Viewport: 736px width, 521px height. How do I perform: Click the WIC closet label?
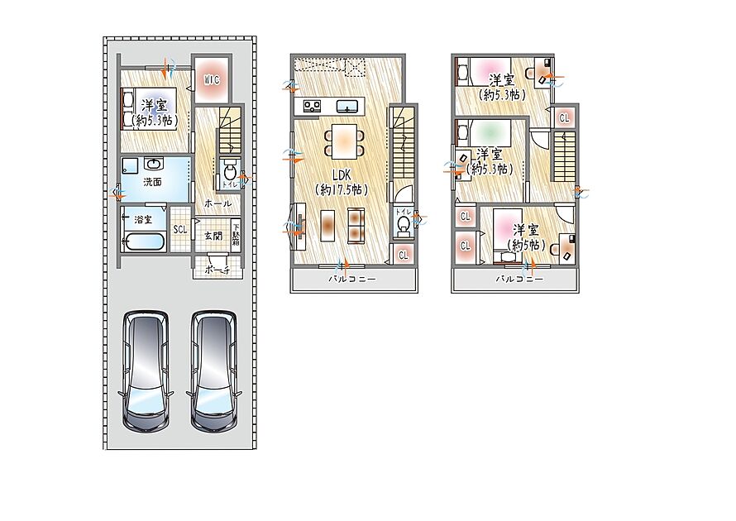212,80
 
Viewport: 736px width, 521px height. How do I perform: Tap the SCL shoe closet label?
179,230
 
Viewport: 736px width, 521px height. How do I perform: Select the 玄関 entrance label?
213,236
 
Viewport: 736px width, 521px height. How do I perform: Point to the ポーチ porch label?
217,270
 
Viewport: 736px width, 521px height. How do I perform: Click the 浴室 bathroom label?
143,219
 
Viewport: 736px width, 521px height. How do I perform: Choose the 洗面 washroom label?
152,182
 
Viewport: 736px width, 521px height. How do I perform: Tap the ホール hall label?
217,203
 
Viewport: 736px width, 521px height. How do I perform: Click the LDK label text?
342,175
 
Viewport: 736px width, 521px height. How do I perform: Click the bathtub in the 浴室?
144,242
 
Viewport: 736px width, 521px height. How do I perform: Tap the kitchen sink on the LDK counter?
346,106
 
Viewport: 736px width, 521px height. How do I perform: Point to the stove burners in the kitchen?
312,106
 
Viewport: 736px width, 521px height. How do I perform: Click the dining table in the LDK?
344,141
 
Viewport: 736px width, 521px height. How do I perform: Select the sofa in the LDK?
356,225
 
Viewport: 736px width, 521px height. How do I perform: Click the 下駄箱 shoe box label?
237,232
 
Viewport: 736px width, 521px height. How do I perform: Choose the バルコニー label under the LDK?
352,280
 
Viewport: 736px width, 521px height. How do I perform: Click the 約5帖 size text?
526,245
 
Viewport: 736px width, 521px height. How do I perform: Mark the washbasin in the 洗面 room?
154,165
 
